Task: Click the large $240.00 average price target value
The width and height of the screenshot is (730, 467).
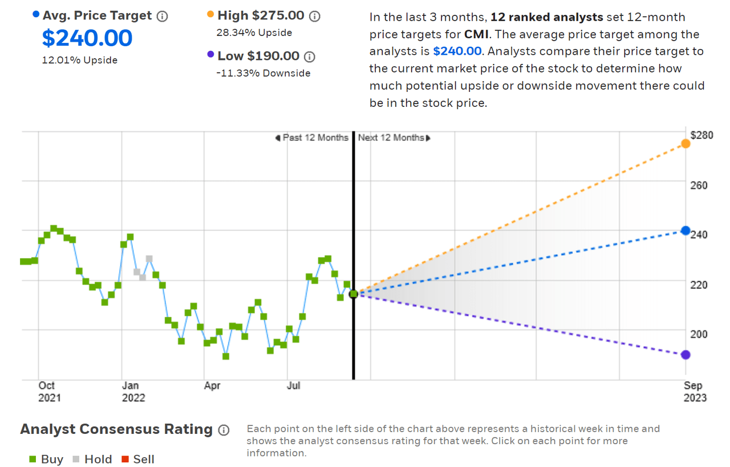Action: [87, 38]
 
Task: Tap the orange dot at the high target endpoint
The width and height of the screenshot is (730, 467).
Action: [686, 144]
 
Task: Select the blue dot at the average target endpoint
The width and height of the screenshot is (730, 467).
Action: [686, 231]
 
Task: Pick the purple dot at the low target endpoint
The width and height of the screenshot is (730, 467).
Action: [686, 355]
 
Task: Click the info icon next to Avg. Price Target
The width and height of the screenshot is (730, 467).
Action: [162, 16]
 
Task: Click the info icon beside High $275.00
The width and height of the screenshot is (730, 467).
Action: [314, 16]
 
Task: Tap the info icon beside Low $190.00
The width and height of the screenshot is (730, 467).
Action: [309, 57]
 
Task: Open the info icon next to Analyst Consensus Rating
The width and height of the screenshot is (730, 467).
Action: [224, 430]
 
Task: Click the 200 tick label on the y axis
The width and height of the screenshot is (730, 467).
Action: [699, 334]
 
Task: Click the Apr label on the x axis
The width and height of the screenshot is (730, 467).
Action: [212, 386]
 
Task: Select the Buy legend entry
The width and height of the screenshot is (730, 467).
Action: [46, 459]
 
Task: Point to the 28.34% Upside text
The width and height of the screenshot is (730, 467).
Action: [254, 33]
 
